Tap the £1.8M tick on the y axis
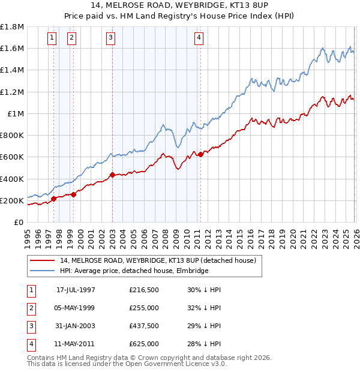tap(12, 27)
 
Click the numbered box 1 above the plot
tap(52, 38)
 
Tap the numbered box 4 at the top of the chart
tap(199, 38)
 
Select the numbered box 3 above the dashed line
tap(112, 38)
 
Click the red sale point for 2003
tap(112, 175)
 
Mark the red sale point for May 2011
tap(200, 154)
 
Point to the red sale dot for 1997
tap(53, 199)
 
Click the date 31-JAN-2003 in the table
tap(76, 326)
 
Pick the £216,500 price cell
tap(144, 290)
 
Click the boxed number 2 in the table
tap(30, 308)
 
